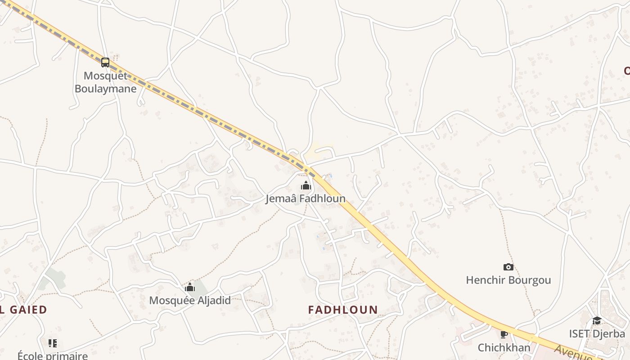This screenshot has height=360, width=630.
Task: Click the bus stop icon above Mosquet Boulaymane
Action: point(105,63)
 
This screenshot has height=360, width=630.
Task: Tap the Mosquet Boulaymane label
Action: point(105,82)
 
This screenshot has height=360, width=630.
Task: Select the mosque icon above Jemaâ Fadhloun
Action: point(306,185)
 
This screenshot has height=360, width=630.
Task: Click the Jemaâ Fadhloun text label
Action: point(306,198)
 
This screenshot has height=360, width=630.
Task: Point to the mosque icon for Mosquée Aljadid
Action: point(190,287)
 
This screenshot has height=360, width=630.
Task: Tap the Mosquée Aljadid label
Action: point(190,300)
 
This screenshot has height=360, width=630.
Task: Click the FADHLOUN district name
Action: point(343,310)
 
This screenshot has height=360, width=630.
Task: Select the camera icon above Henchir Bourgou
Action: point(508,267)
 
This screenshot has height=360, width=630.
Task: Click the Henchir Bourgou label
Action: point(508,280)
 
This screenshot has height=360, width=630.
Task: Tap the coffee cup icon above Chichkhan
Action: point(504,334)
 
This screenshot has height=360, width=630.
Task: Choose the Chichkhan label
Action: point(504,347)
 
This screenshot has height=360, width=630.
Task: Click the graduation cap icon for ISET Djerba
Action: point(597,320)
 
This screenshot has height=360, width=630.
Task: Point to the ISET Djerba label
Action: point(597,334)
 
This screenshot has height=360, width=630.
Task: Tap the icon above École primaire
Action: point(53,343)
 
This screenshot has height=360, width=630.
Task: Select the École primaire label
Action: point(53,355)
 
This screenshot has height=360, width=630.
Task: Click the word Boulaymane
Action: point(105,89)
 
